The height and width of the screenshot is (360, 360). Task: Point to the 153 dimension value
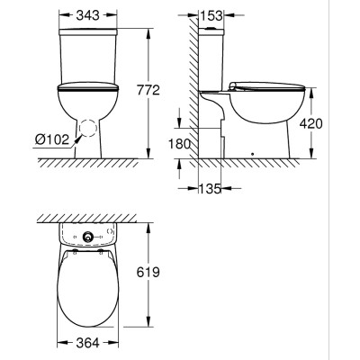212,17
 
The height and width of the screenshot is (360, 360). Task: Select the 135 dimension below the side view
211,188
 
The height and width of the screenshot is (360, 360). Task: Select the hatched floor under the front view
90,165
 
